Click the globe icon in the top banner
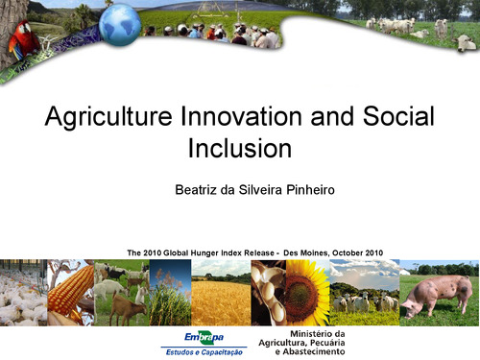120,27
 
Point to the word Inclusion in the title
238,149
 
